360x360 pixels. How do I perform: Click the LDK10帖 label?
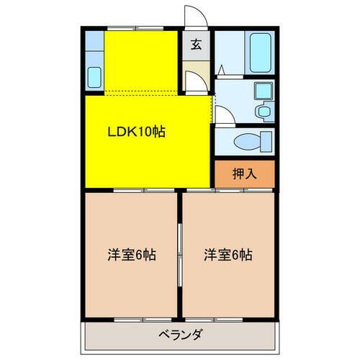tap(137, 132)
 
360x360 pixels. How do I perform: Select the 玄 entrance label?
tap(196, 44)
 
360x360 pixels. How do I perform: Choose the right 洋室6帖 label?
tap(228, 254)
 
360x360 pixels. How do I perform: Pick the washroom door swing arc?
tap(223, 115)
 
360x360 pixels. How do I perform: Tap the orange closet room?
tap(245, 174)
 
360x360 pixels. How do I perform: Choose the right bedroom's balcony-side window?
tap(228, 318)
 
